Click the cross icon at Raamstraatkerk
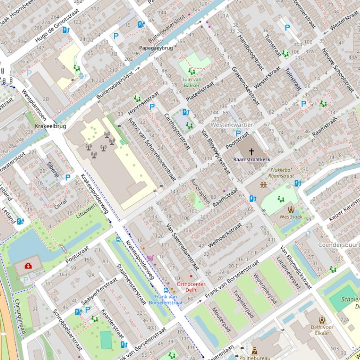click(x=251, y=151)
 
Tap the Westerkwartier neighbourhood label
click(x=232, y=125)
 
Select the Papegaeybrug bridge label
click(x=156, y=48)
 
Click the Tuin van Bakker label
click(x=191, y=82)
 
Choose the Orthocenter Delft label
click(x=191, y=287)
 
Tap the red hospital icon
click(x=29, y=266)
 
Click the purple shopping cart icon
click(x=150, y=258)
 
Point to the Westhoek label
click(x=291, y=217)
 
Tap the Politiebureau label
click(x=255, y=358)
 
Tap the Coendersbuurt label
click(x=338, y=245)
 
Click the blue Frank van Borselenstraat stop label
click(x=166, y=299)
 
